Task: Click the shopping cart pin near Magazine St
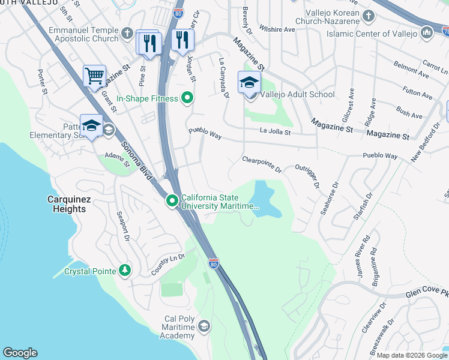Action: [x=94, y=76]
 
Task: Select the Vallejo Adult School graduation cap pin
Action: [x=249, y=83]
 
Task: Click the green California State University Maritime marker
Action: [x=172, y=201]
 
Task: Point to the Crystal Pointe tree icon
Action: [x=125, y=271]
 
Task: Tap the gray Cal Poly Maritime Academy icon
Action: [x=204, y=326]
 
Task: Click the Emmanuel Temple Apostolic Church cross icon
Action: [x=127, y=34]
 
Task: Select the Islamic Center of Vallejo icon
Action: [x=427, y=31]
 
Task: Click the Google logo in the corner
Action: [x=20, y=353]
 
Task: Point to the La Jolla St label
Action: [x=275, y=131]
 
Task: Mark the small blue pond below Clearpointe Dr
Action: [x=264, y=199]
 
